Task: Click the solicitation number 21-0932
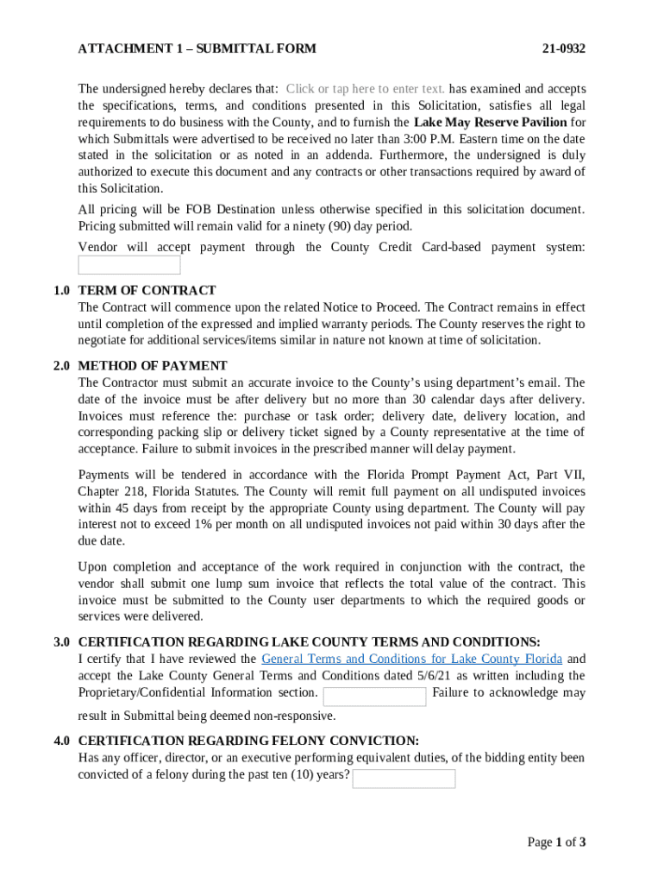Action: point(564,48)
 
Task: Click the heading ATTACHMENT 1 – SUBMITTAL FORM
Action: point(197,48)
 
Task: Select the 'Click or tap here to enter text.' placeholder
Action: point(365,89)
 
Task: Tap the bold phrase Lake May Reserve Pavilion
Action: point(490,122)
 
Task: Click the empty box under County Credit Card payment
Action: point(129,265)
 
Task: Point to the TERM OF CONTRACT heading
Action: point(147,290)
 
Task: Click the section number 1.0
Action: point(61,290)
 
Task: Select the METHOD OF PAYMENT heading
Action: point(153,366)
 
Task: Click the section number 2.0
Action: point(61,366)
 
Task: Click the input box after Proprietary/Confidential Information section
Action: point(374,697)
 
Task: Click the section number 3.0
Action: point(61,642)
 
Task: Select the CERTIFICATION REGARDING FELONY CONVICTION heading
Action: point(248,742)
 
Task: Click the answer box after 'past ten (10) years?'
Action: point(404,779)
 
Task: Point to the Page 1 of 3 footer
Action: point(556,843)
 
